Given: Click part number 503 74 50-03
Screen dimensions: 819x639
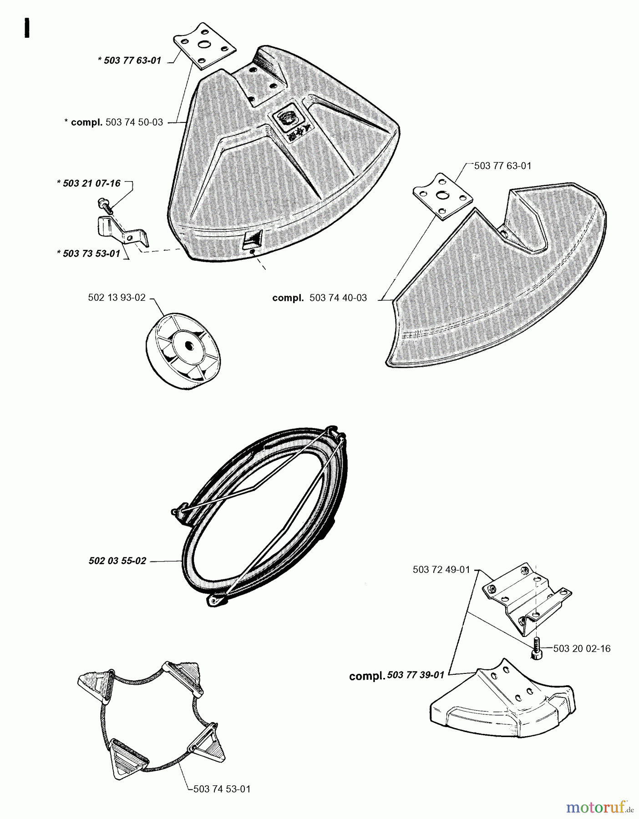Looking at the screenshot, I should tap(134, 122).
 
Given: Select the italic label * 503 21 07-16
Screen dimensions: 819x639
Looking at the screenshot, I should tap(89, 183).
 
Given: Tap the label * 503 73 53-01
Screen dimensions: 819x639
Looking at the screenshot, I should tap(89, 253).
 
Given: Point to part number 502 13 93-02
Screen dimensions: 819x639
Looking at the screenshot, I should tap(117, 298).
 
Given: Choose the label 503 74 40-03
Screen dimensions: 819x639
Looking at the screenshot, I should tap(338, 298).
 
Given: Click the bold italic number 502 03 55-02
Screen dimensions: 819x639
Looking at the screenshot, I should tap(117, 561).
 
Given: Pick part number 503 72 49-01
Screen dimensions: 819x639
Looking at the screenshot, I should tap(441, 569).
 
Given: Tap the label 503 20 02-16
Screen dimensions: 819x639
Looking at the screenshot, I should tap(582, 648).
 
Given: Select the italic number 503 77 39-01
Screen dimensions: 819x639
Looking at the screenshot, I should tap(416, 675).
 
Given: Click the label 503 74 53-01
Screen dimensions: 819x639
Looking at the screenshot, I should tap(222, 789).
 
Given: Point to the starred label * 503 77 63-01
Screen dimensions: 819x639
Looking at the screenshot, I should tap(129, 61).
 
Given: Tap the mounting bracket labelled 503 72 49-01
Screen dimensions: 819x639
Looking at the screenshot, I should tap(526, 595).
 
